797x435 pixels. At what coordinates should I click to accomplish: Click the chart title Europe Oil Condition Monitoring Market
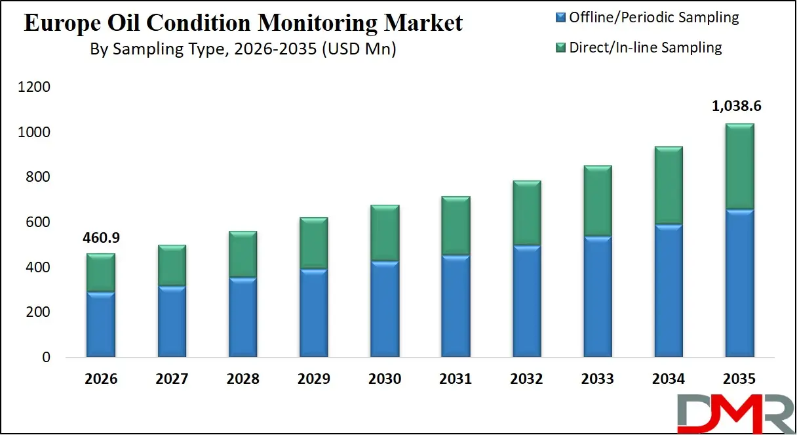coord(243,23)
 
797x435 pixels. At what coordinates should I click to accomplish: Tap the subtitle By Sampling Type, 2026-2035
coord(243,49)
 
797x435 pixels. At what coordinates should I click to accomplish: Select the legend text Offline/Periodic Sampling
coord(653,18)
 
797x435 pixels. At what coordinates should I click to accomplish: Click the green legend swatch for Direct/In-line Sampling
coord(560,47)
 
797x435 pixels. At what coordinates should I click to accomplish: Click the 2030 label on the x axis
coord(385,379)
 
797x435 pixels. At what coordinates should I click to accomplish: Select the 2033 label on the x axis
coord(598,379)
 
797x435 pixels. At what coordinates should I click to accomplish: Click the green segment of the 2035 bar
coord(739,167)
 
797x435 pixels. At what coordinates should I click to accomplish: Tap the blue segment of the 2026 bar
coord(101,325)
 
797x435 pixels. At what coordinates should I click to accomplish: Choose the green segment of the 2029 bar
coord(313,243)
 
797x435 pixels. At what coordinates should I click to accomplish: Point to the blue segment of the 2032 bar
coord(526,302)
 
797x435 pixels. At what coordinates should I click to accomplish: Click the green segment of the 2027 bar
coord(172,265)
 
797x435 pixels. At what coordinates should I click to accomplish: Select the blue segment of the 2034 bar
coord(669,291)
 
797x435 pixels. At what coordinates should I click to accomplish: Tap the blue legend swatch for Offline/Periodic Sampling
coord(560,18)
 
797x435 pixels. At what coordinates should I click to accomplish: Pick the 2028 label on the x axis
coord(243,379)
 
